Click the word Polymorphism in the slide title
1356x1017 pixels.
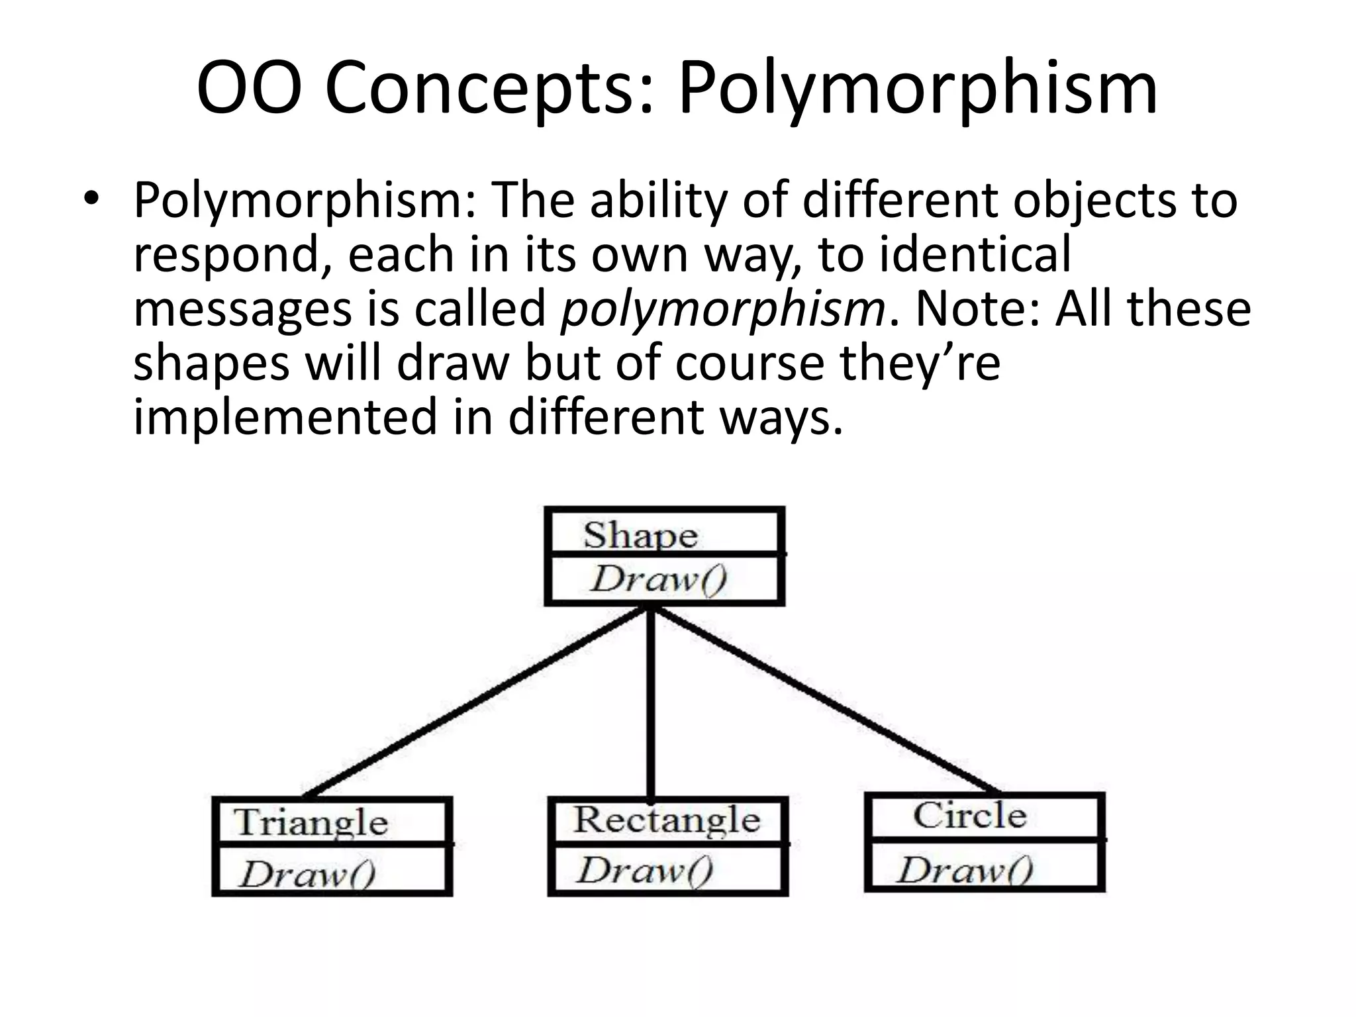(917, 89)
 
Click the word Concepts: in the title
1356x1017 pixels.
(493, 89)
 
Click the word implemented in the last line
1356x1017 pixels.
(285, 418)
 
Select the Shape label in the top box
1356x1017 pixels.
(640, 535)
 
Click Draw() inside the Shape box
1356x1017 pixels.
(659, 579)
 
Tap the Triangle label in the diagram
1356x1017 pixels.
(311, 823)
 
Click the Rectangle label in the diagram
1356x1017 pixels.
(667, 820)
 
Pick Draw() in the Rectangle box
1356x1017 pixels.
(645, 870)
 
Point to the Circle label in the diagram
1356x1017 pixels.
(970, 815)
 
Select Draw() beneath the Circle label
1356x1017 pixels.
(965, 870)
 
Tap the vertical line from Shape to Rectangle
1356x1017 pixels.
(651, 702)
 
